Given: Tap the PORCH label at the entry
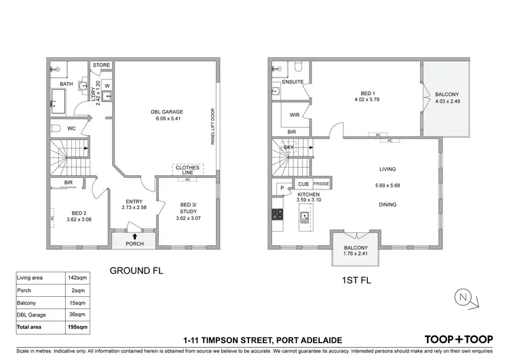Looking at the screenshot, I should pos(134,244).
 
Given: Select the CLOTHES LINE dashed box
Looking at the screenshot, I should pos(188,170).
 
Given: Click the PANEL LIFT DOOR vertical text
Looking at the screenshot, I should pos(212,127).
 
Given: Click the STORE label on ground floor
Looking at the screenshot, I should pos(102,66).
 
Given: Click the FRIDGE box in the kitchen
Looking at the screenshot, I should pos(321,184).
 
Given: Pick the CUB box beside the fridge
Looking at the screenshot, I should pos(303,184).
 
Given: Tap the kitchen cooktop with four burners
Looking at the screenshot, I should pos(278,215).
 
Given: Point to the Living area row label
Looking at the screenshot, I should pos(33,278).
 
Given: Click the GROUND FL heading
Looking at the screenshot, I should pos(136,270).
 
